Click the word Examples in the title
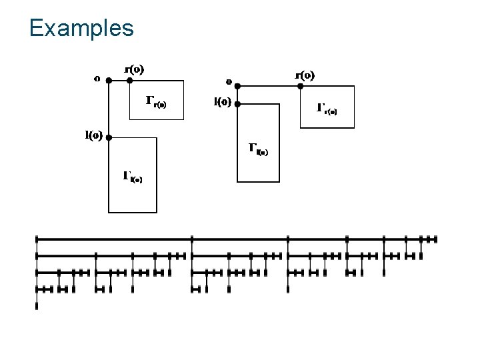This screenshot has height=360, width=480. tap(81, 28)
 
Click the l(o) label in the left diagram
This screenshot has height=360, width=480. tap(93, 135)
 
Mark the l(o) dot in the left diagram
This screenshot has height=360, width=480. tap(109, 138)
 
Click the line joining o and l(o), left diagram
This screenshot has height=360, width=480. tap(109, 110)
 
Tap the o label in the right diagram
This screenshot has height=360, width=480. tap(228, 82)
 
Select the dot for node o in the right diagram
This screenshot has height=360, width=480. tap(237, 86)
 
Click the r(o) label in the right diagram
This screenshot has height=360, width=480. tap(305, 74)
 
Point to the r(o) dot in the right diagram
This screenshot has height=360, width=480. tap(301, 86)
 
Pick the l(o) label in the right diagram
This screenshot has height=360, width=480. tap(222, 103)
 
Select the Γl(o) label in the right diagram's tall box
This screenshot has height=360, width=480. tap(258, 149)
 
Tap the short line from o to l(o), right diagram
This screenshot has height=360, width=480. tap(237, 95)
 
